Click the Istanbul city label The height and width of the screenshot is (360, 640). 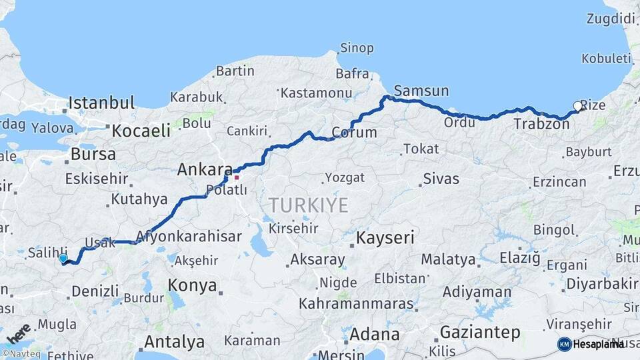(101, 103)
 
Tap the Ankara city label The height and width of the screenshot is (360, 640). (204, 170)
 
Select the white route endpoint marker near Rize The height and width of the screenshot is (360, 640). (577, 105)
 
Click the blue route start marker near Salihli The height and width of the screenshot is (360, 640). (63, 258)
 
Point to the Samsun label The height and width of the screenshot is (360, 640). (421, 91)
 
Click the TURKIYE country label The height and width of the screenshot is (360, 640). (307, 205)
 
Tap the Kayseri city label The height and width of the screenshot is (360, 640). (385, 237)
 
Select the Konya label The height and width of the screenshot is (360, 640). (192, 285)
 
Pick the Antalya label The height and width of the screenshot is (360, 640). (174, 343)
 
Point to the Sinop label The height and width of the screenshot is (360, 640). (357, 48)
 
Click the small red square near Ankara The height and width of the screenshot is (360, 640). (236, 177)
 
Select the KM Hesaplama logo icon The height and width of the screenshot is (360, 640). (564, 344)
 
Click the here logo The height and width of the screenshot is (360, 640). (18, 331)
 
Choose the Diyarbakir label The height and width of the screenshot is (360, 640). (602, 285)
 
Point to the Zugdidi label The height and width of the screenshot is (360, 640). (611, 19)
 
